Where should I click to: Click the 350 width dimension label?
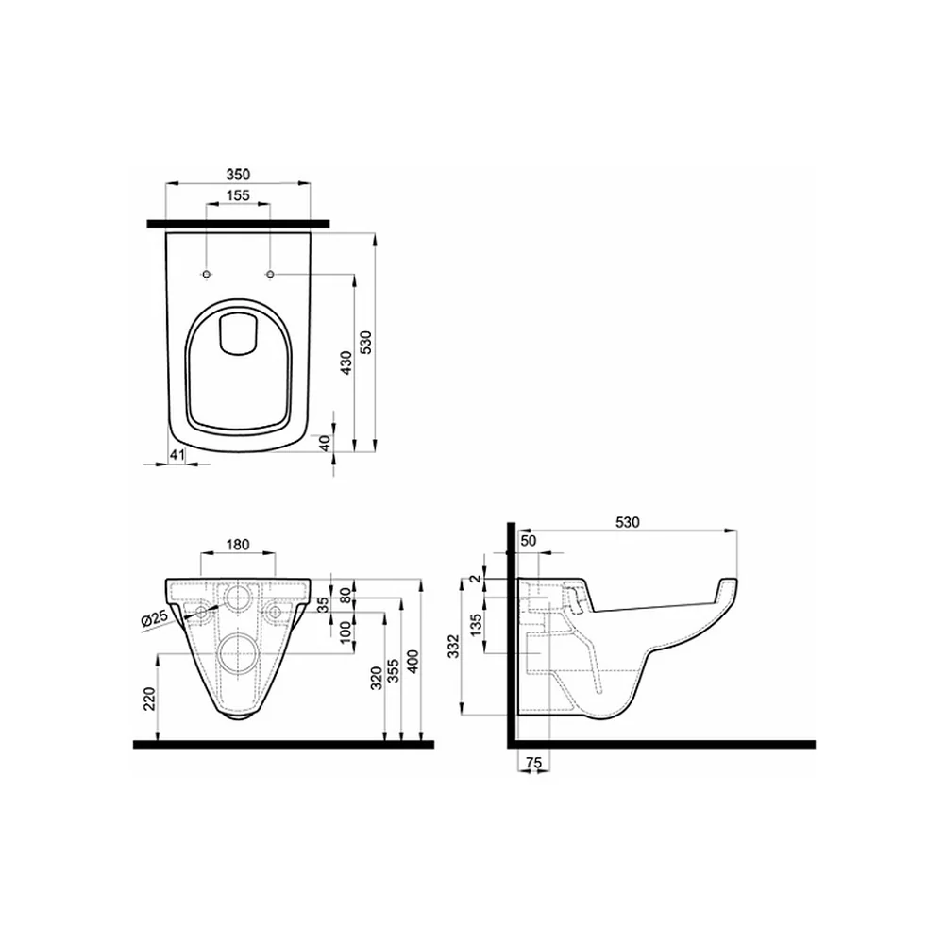tap(238, 175)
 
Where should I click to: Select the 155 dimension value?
tap(238, 195)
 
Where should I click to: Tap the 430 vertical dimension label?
tap(346, 363)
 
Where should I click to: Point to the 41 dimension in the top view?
tap(177, 455)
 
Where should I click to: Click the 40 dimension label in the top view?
tap(325, 443)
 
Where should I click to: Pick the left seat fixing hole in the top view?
tap(207, 275)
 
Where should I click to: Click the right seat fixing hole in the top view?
tap(270, 275)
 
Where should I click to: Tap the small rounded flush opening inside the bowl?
tap(239, 333)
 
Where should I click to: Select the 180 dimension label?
tap(238, 545)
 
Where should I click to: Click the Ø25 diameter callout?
tap(155, 619)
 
